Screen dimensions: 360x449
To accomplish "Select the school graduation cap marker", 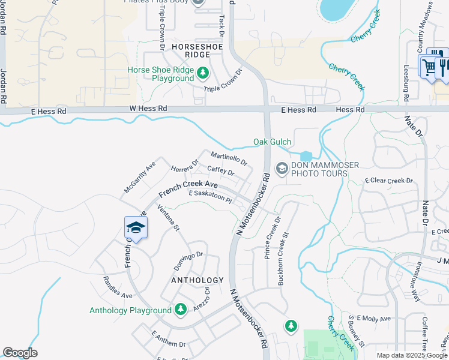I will point(136,228).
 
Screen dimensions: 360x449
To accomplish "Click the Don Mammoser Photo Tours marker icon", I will point(280,169).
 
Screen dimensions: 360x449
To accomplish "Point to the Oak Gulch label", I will point(272,142).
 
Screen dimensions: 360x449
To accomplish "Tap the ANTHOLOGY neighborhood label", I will point(197,280).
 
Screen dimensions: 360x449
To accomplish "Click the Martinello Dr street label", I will point(228,158).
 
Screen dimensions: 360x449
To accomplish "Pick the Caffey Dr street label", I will point(220,171).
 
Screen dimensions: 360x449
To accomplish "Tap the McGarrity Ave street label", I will point(140,176).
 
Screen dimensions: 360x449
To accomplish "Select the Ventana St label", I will point(169,218).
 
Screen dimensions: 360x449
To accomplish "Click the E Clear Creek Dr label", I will point(388,180).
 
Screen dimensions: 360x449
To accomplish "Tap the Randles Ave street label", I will point(118,287).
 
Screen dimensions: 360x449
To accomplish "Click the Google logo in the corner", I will point(20,353).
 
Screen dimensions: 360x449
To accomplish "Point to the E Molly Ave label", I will point(373,318).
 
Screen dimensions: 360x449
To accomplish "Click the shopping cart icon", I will point(429,67).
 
